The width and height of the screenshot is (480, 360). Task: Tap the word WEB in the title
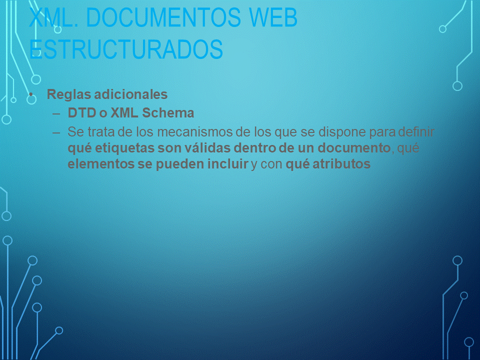(x=273, y=17)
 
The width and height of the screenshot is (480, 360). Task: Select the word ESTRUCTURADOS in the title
(x=126, y=49)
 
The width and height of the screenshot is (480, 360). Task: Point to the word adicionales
(x=130, y=94)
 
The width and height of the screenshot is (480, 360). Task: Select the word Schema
(x=168, y=112)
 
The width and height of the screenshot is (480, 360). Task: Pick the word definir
(x=416, y=132)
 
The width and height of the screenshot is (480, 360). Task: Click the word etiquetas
(x=124, y=148)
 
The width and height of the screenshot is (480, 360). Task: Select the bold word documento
(x=354, y=148)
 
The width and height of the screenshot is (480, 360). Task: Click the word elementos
(x=100, y=164)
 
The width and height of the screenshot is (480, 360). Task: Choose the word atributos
(x=341, y=164)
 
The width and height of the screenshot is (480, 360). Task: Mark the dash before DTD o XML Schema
(x=56, y=114)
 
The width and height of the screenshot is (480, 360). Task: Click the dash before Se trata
(x=56, y=133)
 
